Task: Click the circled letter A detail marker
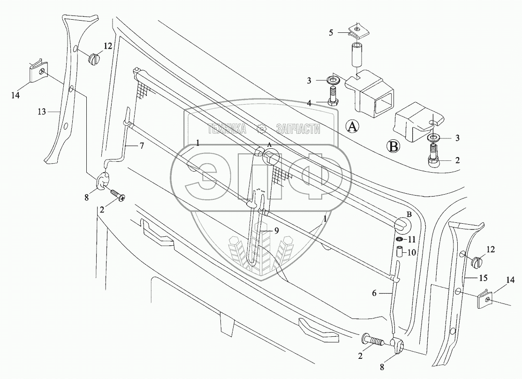coord(353,126)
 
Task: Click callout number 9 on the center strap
coord(277,230)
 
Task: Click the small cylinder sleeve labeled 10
coord(400,253)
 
